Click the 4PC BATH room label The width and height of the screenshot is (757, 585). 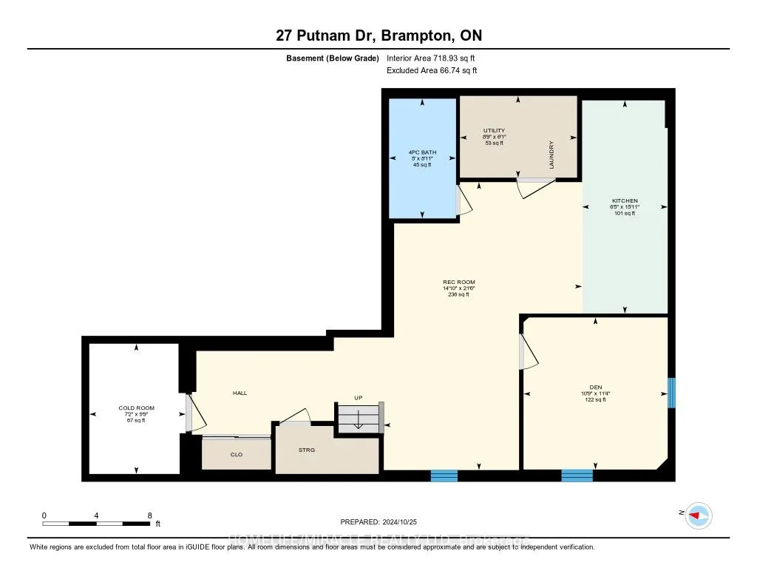(x=422, y=152)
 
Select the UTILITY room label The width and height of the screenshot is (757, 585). (x=494, y=130)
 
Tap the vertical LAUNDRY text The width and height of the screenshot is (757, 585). (x=551, y=155)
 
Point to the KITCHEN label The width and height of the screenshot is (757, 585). (x=625, y=200)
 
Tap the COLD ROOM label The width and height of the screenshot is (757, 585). (x=135, y=408)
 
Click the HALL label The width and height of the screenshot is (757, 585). (x=240, y=393)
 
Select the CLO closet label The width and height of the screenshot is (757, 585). (x=237, y=455)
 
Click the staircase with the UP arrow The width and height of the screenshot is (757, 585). (x=359, y=419)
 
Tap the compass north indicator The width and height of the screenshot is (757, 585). (x=698, y=515)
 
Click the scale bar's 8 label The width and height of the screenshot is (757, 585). (x=149, y=515)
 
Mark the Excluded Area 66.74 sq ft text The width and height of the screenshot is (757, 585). (x=432, y=70)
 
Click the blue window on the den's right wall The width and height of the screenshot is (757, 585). (x=672, y=393)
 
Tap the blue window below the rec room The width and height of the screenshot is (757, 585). (x=444, y=476)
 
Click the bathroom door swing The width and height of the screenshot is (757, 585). (x=464, y=200)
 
